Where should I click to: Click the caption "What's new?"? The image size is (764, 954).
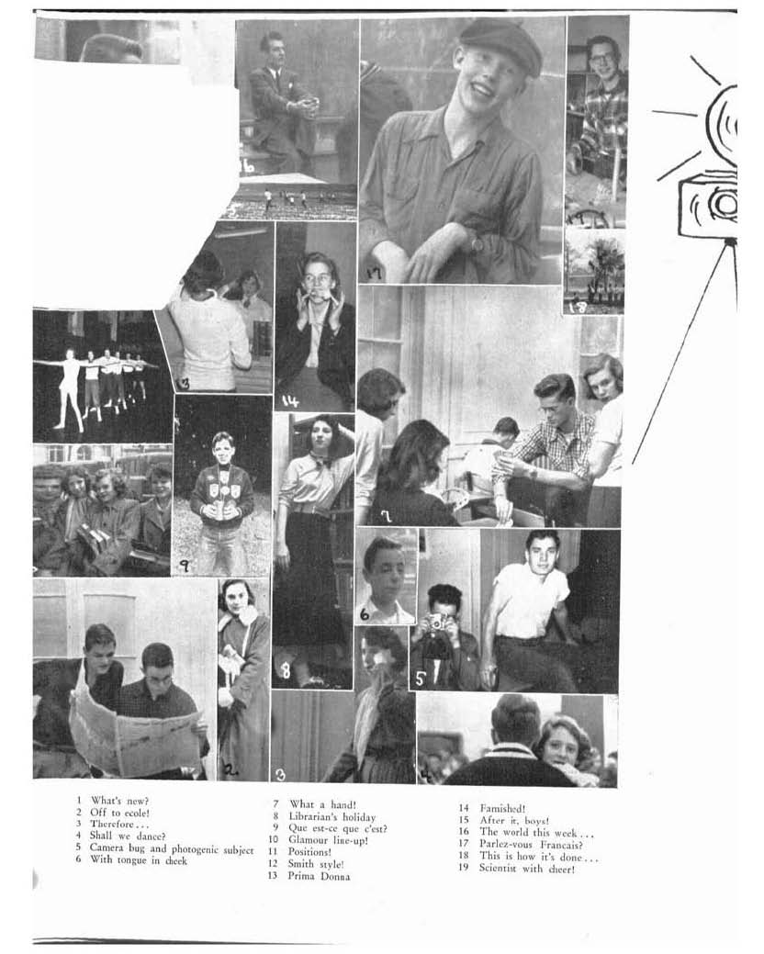click(x=119, y=801)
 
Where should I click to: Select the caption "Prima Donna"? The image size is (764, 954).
click(x=319, y=876)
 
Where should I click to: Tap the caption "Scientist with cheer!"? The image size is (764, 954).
click(x=527, y=869)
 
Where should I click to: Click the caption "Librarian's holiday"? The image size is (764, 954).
click(x=332, y=816)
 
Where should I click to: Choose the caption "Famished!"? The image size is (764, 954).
click(x=502, y=809)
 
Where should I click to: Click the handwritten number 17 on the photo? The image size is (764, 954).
click(x=374, y=274)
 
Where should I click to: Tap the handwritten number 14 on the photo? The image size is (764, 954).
click(x=290, y=400)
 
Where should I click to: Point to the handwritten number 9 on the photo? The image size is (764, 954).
click(x=184, y=566)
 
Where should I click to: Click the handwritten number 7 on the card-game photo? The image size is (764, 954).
click(x=385, y=517)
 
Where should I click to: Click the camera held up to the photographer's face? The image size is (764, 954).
click(x=436, y=623)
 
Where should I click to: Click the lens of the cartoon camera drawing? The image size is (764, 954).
click(x=724, y=204)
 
